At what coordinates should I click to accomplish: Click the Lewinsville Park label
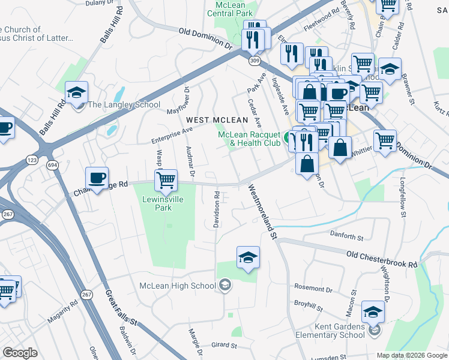(x=157, y=203)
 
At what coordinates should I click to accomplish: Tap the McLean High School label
(x=178, y=286)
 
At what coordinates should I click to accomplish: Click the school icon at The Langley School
(x=77, y=93)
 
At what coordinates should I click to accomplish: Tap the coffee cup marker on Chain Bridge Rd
(x=97, y=178)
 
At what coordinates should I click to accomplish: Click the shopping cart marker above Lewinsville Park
(x=166, y=179)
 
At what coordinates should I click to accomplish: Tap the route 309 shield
(x=255, y=61)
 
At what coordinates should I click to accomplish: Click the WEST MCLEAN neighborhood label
(x=212, y=121)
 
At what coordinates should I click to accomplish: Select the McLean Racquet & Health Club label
(x=249, y=139)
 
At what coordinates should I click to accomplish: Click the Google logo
(x=20, y=353)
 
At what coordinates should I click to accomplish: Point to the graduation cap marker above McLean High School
(x=249, y=257)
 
